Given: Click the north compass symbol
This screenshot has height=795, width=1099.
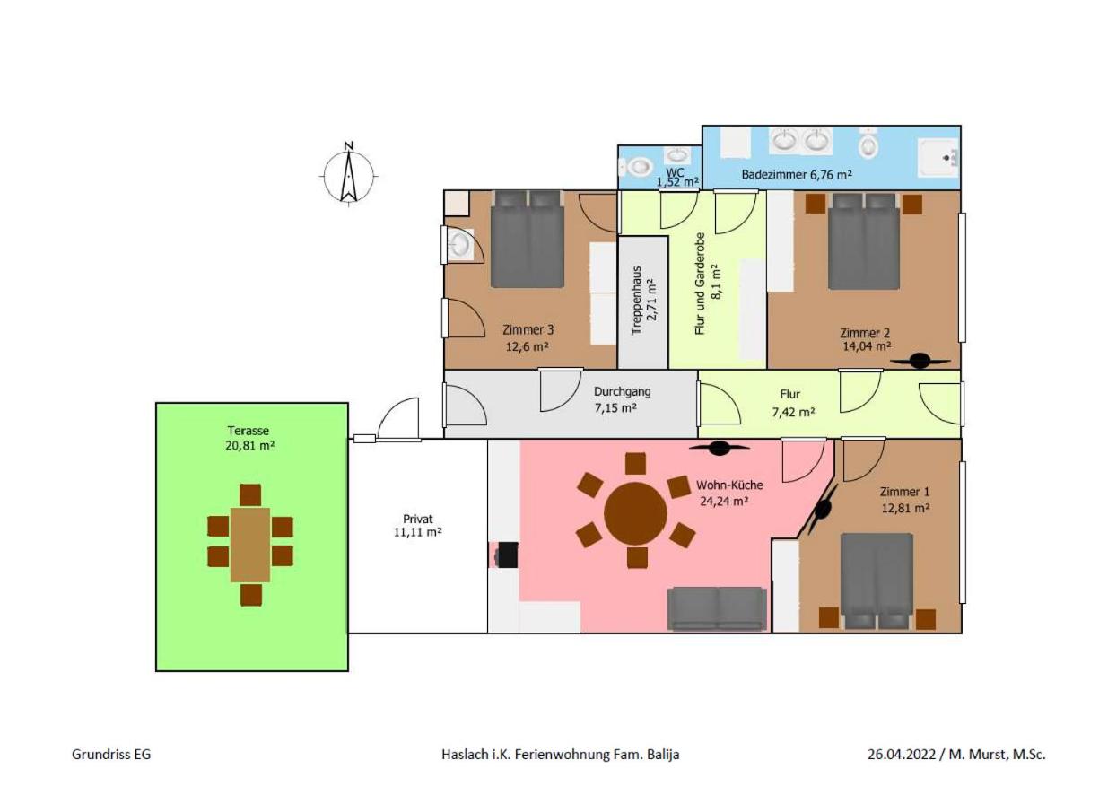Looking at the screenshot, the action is tap(348, 174).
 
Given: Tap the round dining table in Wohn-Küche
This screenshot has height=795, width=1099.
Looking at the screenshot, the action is tap(635, 513).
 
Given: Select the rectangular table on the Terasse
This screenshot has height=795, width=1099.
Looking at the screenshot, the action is tap(250, 545).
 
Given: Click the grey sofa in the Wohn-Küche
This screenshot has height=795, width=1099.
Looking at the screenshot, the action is tap(717, 608).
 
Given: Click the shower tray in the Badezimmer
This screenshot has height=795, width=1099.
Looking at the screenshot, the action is tap(938, 158).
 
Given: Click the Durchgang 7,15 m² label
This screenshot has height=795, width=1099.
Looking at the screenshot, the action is tap(622, 399).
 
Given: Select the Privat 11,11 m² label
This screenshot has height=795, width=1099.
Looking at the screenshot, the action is tap(417, 525).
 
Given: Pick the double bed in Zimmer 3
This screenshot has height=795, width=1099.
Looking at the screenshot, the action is tap(528, 239).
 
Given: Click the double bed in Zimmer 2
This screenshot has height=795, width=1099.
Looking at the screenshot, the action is tap(864, 241).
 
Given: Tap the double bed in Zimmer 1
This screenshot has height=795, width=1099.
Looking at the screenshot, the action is tap(877, 581).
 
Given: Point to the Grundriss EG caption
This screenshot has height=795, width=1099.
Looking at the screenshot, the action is tap(111, 755).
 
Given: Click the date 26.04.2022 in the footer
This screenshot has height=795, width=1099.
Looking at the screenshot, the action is tap(902, 755).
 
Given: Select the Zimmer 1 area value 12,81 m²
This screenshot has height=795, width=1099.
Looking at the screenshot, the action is tap(905, 508).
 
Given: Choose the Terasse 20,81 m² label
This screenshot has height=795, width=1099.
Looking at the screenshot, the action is tap(249, 438).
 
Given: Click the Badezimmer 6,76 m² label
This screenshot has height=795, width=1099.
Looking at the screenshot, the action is tap(797, 174).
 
